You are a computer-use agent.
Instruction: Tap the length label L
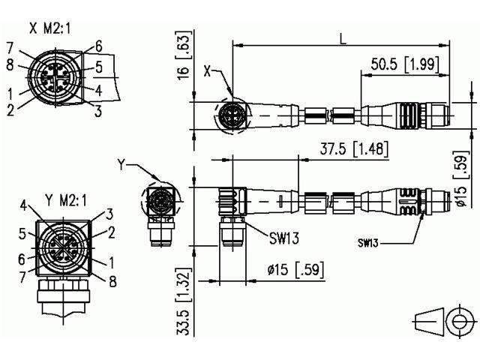coord(341,35)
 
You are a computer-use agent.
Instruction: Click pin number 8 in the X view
coord(10,64)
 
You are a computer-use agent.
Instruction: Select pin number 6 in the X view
coord(98,46)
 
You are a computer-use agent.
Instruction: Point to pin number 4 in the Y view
coord(24,203)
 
